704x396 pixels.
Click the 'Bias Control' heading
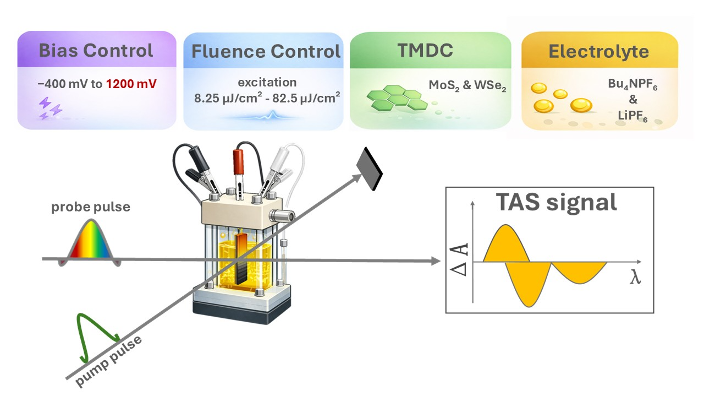pyautogui.click(x=96, y=51)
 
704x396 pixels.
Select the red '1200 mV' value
pyautogui.click(x=131, y=84)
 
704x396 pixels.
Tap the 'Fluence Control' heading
pyautogui.click(x=266, y=51)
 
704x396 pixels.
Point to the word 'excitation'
pyautogui.click(x=267, y=83)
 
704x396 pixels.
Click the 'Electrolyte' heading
pyautogui.click(x=598, y=52)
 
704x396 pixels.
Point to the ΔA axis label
pyautogui.click(x=461, y=260)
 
